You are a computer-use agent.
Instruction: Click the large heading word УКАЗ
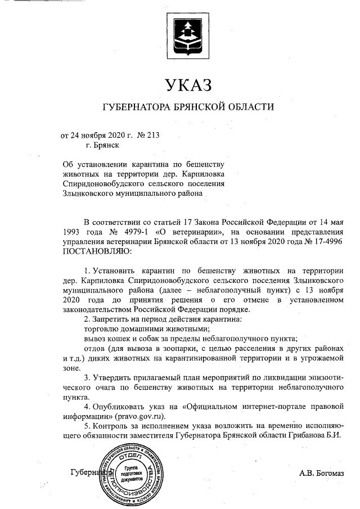pos(188,85)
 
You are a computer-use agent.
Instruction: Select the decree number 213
pos(154,136)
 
